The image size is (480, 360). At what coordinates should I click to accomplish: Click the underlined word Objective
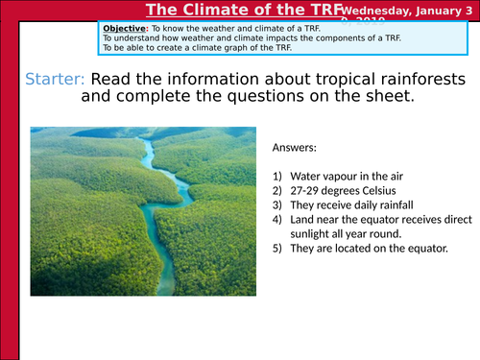122,28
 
